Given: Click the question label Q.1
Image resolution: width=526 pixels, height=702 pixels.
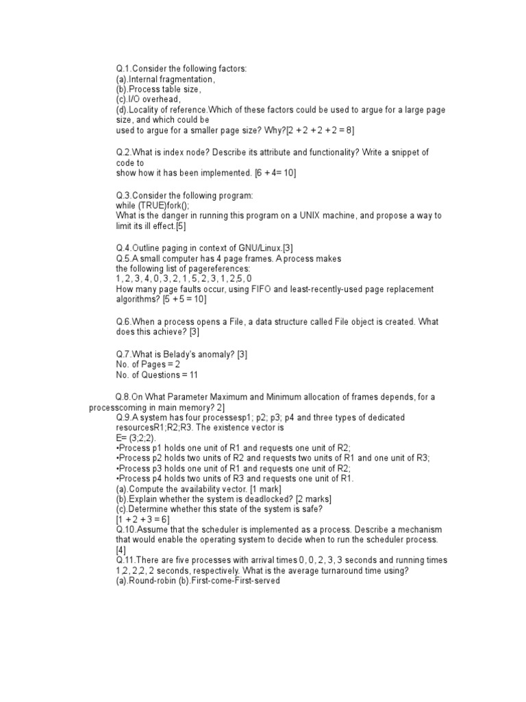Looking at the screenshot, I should point(123,69).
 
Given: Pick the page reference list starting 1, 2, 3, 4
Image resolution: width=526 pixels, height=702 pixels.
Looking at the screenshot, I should point(184,279).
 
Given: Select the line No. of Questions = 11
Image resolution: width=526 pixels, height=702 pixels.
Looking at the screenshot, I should point(157,375).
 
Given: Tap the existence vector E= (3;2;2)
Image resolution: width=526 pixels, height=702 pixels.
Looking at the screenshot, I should point(136,437).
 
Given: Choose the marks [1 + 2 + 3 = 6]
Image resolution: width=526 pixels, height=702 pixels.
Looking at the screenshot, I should point(146,520).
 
